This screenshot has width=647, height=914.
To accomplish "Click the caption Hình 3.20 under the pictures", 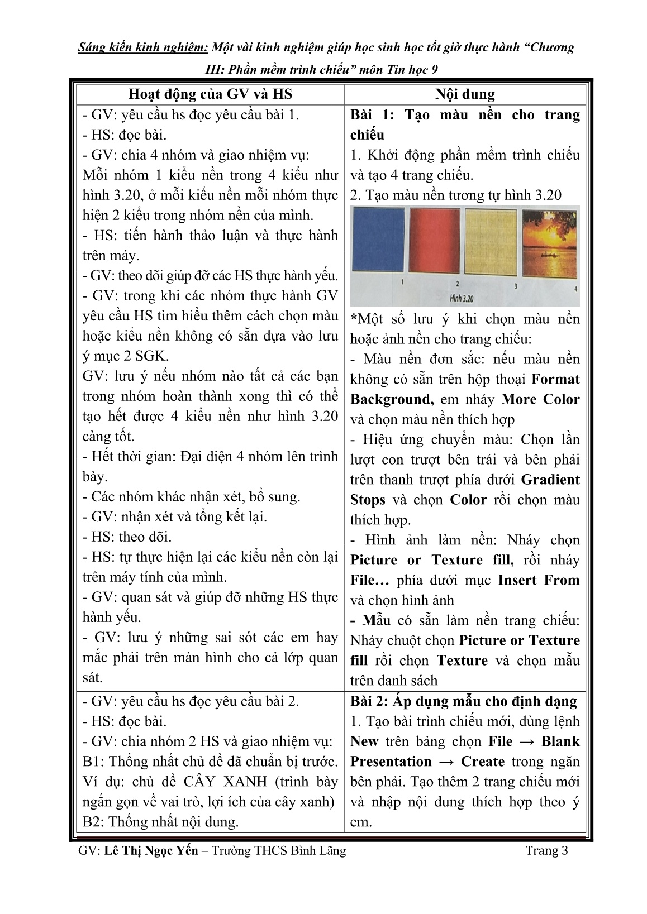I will [x=462, y=298].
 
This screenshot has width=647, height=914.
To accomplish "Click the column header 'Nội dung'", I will [x=465, y=94].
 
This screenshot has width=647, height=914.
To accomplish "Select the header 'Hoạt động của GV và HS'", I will [x=210, y=94].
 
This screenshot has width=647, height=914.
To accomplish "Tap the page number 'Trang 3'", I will [x=546, y=851].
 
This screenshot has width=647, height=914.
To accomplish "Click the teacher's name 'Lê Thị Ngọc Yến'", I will [x=151, y=851].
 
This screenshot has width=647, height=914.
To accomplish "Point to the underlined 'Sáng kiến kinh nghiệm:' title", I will [x=144, y=47].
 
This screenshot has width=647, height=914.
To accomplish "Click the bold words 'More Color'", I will [x=540, y=399].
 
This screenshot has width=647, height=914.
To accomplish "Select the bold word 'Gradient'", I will [x=550, y=480].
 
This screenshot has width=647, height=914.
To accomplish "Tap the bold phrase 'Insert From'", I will [x=539, y=580].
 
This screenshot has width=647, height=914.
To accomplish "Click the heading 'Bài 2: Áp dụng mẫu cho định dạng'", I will [x=463, y=701].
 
